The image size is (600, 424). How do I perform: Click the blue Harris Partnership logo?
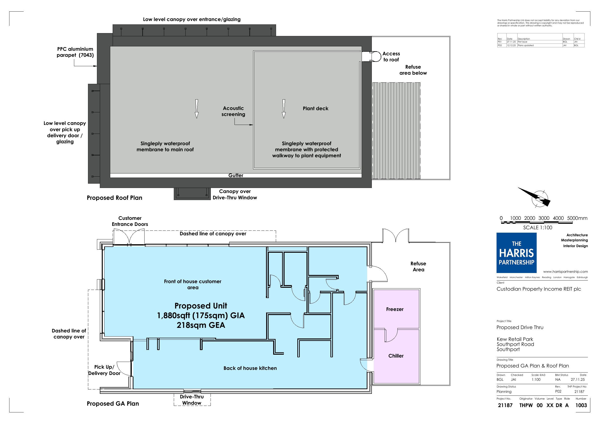tap(516, 253)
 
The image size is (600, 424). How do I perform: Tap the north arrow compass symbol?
tap(536, 197)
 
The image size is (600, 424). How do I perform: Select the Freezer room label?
tap(395, 309)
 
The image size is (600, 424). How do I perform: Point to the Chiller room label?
tap(396, 356)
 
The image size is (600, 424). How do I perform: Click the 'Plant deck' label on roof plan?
tap(315, 108)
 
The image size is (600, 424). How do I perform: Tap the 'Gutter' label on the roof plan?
tap(236, 175)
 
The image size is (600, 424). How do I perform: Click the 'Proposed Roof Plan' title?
tap(114, 198)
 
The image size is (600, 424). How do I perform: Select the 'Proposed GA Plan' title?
tap(113, 404)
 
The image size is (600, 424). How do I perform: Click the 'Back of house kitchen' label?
tap(250, 368)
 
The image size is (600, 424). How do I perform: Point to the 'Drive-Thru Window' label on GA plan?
tap(192, 400)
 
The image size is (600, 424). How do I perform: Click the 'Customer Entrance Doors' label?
tap(130, 221)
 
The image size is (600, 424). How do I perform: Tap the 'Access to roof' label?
tap(391, 57)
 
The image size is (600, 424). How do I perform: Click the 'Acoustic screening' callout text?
tap(233, 111)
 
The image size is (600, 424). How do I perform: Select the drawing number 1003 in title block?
tap(581, 405)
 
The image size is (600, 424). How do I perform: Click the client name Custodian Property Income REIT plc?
tap(539, 289)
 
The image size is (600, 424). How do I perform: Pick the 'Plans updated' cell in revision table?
tap(526, 45)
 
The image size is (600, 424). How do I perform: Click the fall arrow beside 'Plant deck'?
tap(284, 109)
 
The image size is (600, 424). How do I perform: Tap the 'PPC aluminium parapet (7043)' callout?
tap(75, 52)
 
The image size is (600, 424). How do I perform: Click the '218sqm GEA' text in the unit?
tap(201, 325)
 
